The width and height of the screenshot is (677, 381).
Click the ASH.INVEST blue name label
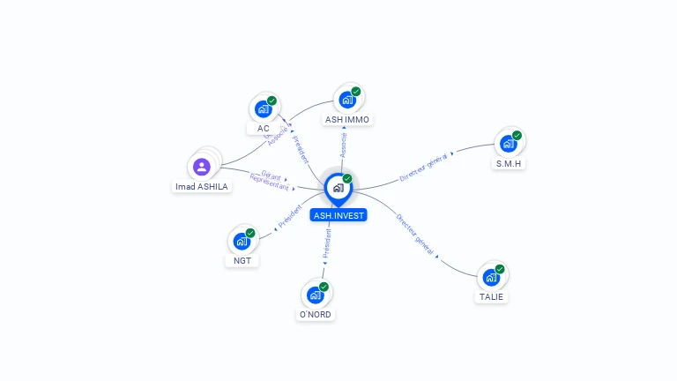tap(338, 214)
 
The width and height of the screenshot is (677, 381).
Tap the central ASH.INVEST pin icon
tap(338, 188)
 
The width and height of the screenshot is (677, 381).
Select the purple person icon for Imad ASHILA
tap(202, 166)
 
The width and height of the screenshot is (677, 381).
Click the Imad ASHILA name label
tap(202, 186)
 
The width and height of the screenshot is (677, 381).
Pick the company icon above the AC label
tap(263, 108)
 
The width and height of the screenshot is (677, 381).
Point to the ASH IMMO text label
tap(347, 119)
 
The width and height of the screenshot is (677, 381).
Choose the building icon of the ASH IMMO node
tap(346, 99)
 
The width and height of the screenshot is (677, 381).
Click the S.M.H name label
tap(508, 163)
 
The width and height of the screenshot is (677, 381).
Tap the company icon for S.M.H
tap(508, 143)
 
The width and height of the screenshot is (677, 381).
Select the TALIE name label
tap(492, 296)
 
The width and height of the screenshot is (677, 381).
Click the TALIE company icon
tap(492, 277)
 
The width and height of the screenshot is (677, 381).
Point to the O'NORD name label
tap(316, 315)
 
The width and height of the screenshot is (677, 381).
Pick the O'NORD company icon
tap(316, 295)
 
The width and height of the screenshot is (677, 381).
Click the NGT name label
tap(242, 260)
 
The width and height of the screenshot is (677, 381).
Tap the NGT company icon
tap(242, 240)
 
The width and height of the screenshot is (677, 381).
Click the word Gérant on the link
tap(271, 174)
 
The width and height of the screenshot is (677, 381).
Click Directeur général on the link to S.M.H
tap(424, 166)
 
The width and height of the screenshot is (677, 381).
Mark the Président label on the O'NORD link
tap(327, 243)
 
